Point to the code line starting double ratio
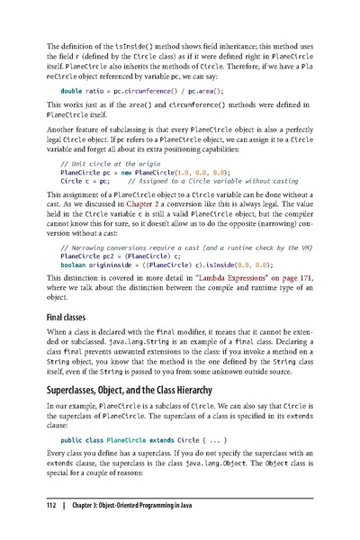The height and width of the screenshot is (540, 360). [x=144, y=92]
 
